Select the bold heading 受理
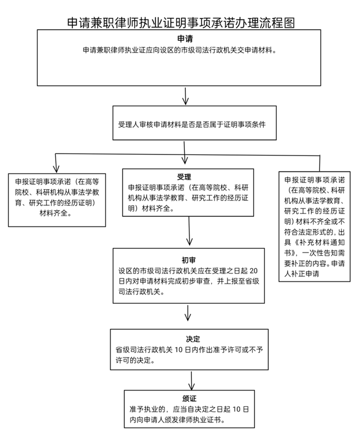point(184,177)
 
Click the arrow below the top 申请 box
point(186,96)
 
